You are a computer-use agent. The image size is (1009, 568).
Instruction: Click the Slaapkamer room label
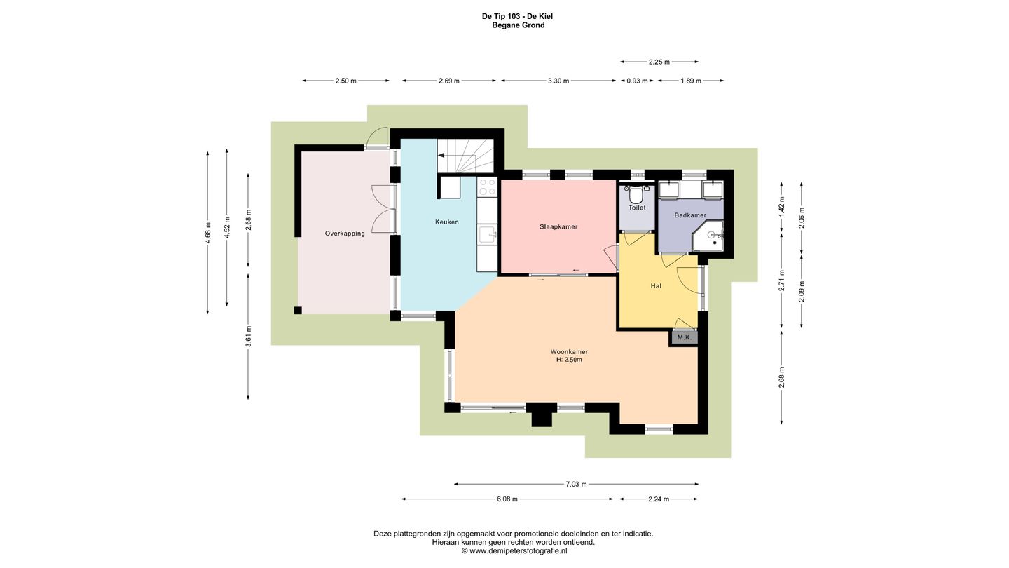point(558,226)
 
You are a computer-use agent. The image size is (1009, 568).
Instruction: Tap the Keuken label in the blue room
point(447,222)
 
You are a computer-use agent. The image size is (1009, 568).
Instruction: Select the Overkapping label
point(345,234)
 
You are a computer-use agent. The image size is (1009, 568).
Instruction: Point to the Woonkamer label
point(569,351)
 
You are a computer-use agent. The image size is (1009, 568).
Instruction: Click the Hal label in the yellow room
point(656,286)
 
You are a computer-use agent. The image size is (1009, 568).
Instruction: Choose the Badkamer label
point(690,215)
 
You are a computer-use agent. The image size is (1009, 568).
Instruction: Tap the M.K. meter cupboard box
point(684,337)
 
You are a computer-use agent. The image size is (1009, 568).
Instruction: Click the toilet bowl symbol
point(636,196)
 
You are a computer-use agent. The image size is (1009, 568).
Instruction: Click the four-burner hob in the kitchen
point(487,187)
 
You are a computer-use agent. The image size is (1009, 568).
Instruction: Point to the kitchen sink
point(488,234)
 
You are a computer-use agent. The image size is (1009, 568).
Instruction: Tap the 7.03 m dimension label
point(576,484)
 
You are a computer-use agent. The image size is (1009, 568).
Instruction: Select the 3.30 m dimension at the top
point(558,81)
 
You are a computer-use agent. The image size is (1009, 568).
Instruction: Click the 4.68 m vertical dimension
point(207,233)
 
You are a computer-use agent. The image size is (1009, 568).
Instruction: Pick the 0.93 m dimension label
point(637,81)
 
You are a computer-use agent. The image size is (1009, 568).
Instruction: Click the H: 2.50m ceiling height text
point(569,360)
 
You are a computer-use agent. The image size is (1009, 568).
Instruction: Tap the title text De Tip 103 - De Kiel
point(518,16)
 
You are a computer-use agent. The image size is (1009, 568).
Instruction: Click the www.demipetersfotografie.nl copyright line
point(514,551)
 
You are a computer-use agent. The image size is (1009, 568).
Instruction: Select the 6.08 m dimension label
point(507,499)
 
